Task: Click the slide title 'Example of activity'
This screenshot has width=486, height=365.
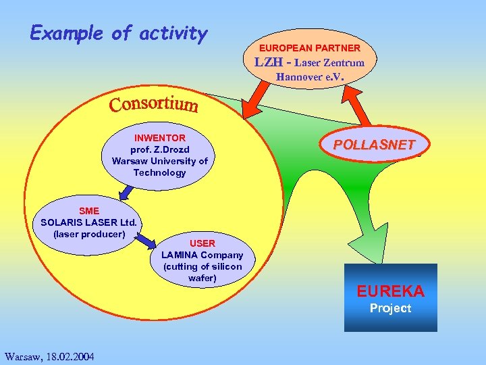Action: coord(119,33)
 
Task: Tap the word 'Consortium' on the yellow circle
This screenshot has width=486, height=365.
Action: coord(154,105)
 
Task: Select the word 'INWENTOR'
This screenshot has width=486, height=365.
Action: coord(160,138)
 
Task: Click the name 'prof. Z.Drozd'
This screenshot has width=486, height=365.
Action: coord(159,149)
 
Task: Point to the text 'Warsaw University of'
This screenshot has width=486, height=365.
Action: coord(160,161)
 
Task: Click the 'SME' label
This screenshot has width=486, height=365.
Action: coord(88,211)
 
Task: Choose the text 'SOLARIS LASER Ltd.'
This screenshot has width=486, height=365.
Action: coord(88,222)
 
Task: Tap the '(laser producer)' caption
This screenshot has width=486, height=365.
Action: coord(88,234)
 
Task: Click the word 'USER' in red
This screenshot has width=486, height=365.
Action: coord(202,243)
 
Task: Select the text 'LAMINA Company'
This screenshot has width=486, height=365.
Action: coord(202,255)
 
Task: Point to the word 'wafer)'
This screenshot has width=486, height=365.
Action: coord(202,278)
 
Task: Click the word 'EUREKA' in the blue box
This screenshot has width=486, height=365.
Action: coord(390,291)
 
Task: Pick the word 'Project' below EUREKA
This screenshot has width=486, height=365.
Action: coord(390,308)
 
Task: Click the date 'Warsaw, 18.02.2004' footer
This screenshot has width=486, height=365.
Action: coord(49,356)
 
